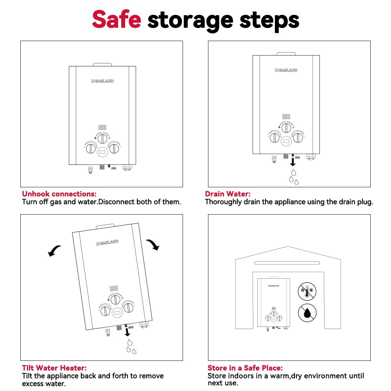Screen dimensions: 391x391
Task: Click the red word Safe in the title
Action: pos(117,20)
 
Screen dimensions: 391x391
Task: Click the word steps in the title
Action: pos(269,21)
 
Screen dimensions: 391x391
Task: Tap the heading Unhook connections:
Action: pos(59,194)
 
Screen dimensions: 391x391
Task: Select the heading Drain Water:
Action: pos(228,194)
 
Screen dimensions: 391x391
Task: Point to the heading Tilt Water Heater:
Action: pos(54,368)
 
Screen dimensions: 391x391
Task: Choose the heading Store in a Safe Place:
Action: pos(245,368)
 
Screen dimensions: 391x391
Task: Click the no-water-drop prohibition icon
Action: pos(307,313)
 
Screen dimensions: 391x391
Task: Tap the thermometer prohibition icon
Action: pos(307,291)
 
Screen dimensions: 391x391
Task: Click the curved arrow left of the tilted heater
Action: pos(54,250)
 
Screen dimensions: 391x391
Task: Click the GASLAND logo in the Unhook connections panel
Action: pos(102,81)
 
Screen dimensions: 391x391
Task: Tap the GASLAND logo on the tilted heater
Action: pos(108,242)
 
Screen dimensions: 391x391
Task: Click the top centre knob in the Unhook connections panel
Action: pos(102,138)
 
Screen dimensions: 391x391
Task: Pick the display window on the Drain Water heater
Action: pos(286,141)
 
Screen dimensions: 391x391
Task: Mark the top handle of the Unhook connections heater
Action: pos(102,65)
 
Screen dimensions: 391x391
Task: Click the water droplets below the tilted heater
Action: pos(131,346)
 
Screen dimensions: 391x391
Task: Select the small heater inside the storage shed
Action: pos(274,304)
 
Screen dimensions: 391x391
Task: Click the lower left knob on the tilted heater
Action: pos(105,311)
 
